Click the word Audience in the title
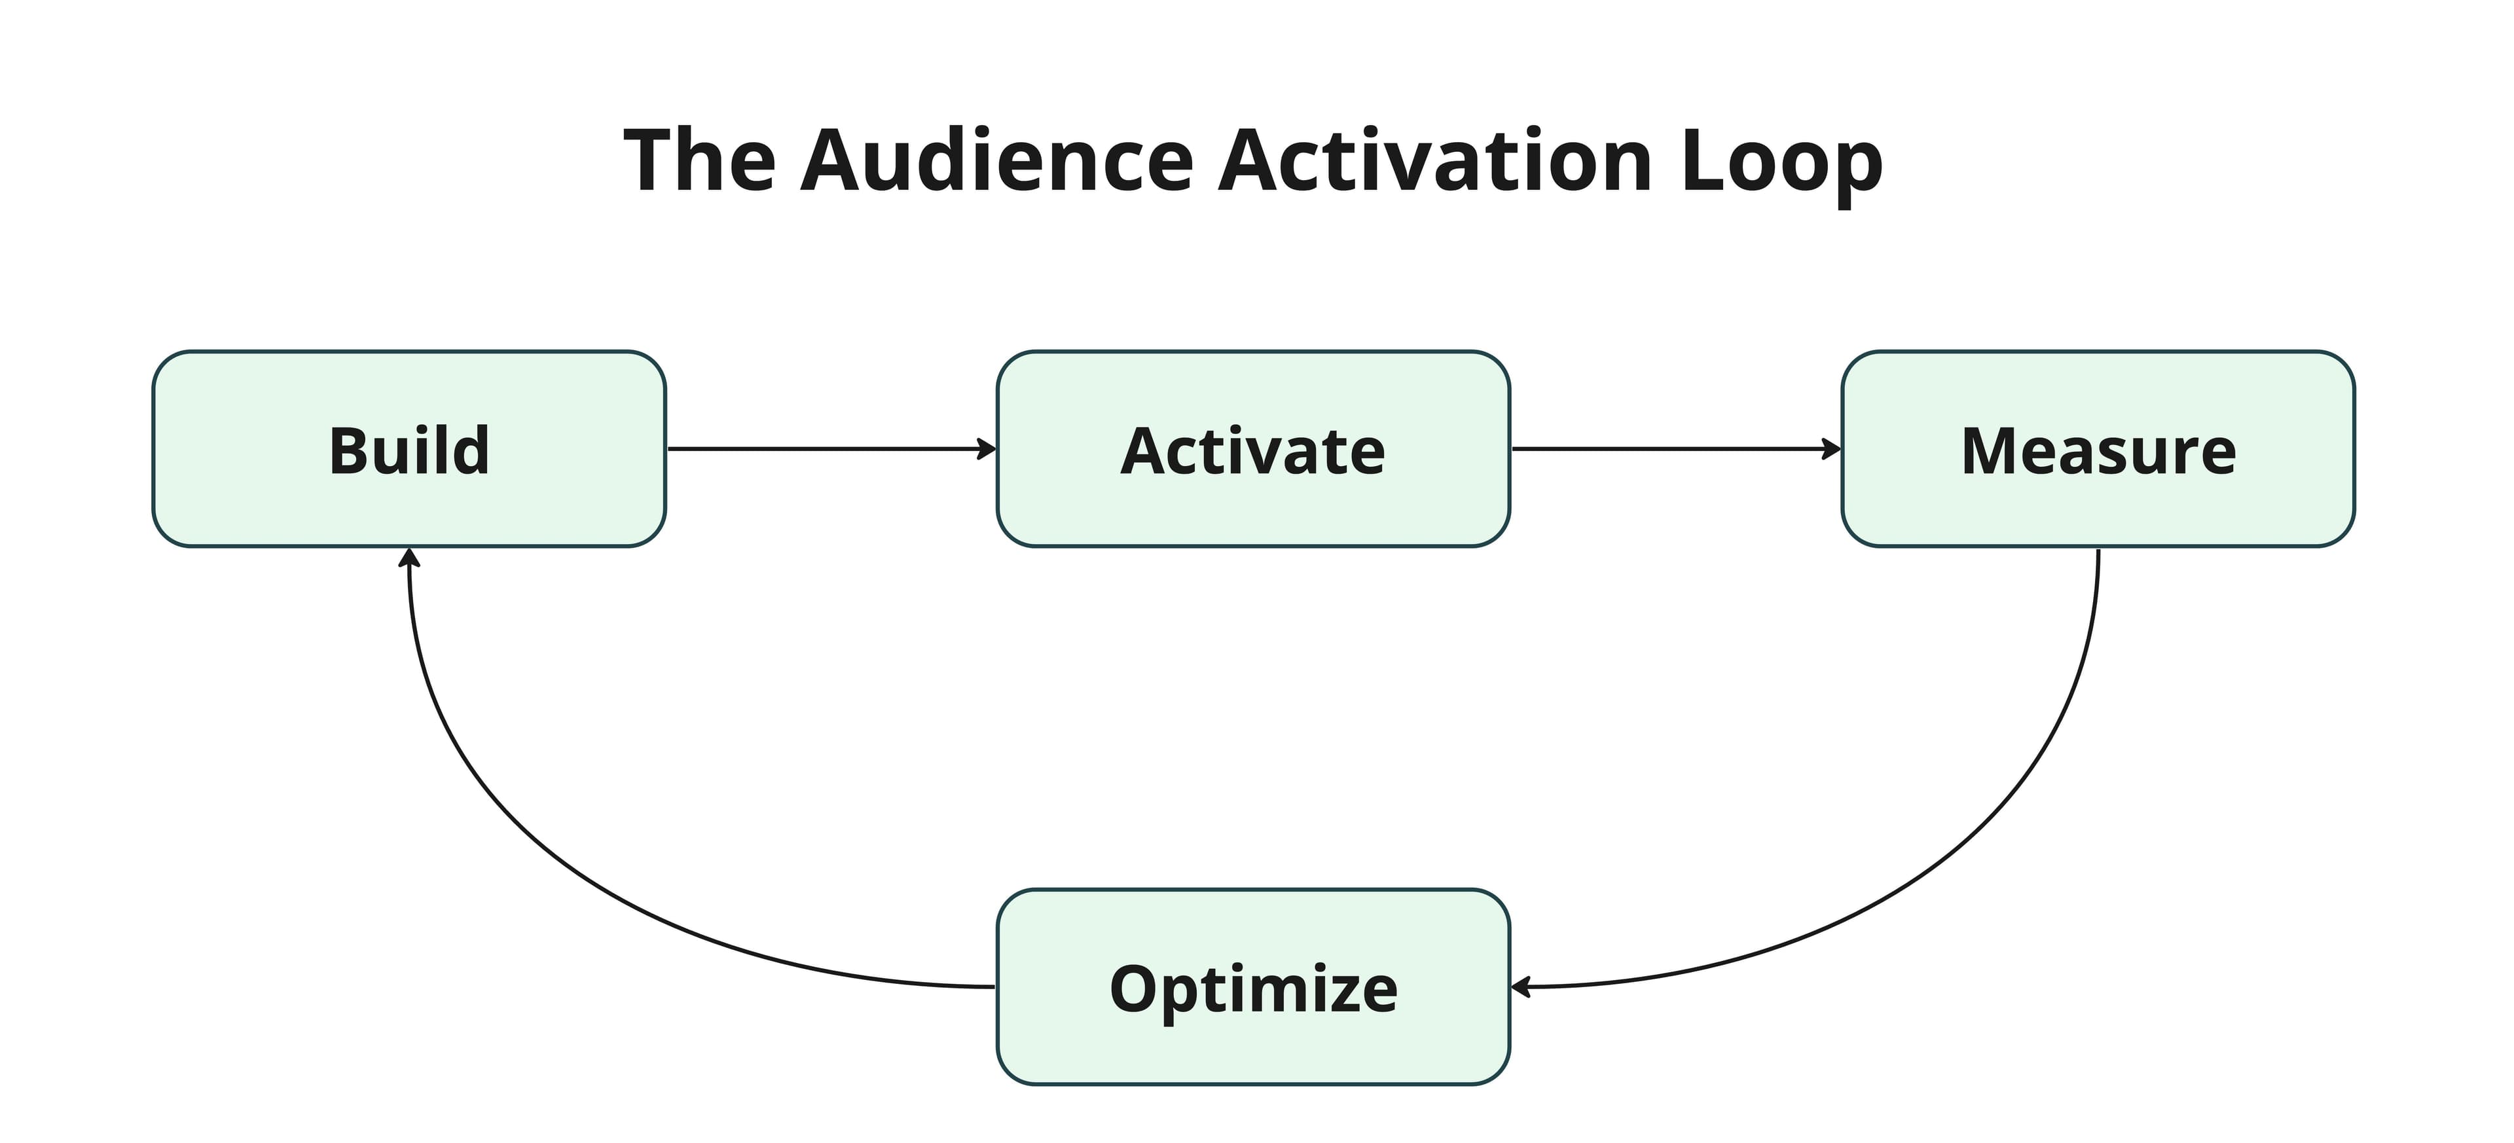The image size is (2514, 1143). point(996,161)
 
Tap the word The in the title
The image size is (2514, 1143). point(700,161)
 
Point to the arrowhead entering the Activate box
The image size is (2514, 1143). point(988,449)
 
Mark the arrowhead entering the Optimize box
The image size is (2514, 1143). point(1520,987)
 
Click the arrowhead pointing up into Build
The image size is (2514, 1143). point(410,557)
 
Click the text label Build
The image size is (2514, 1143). point(409,451)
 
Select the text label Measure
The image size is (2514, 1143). point(2098,451)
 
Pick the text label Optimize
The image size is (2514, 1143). point(1253,989)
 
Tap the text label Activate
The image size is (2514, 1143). point(1253,451)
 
